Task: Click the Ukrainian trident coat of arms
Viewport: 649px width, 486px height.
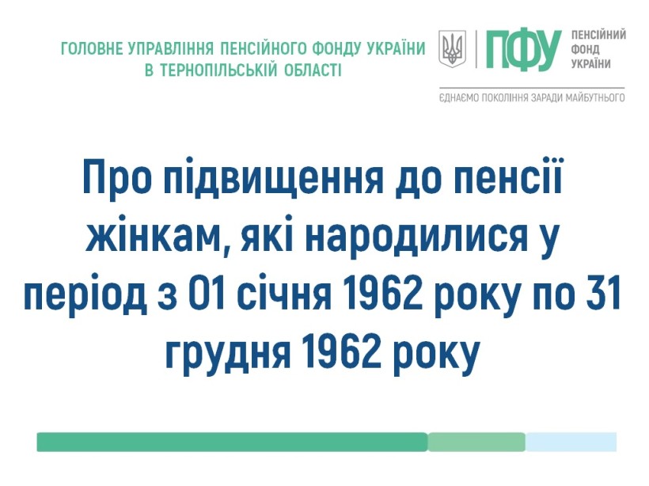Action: [x=452, y=49]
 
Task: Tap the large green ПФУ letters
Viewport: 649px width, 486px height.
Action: [x=524, y=50]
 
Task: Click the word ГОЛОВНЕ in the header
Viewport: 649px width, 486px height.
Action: [x=92, y=49]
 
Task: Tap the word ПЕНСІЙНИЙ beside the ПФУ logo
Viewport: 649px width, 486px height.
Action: [x=598, y=35]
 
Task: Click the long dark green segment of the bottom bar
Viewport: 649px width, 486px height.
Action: [x=232, y=442]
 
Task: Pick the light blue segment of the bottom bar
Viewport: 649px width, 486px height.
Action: [x=571, y=442]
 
